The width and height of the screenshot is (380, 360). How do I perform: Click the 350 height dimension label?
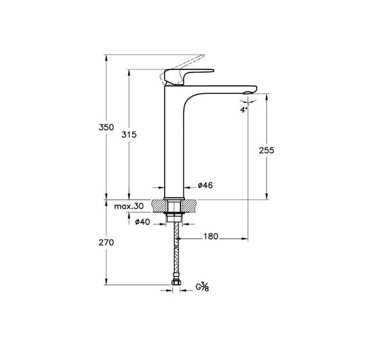coord(106,127)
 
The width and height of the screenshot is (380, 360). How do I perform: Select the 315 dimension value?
coord(129,135)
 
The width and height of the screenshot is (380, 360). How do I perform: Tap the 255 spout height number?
coord(266,150)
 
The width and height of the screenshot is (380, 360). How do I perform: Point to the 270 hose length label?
coord(106,243)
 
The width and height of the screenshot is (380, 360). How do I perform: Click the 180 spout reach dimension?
coord(211,236)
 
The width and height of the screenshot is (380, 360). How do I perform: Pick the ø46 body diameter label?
coord(205,185)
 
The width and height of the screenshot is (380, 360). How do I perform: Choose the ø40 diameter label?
coord(142,221)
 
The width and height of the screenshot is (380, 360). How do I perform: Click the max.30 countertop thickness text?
coord(129,206)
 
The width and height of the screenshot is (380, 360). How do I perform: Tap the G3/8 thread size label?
coord(202,287)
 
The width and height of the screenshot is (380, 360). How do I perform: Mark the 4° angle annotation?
coord(244,110)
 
